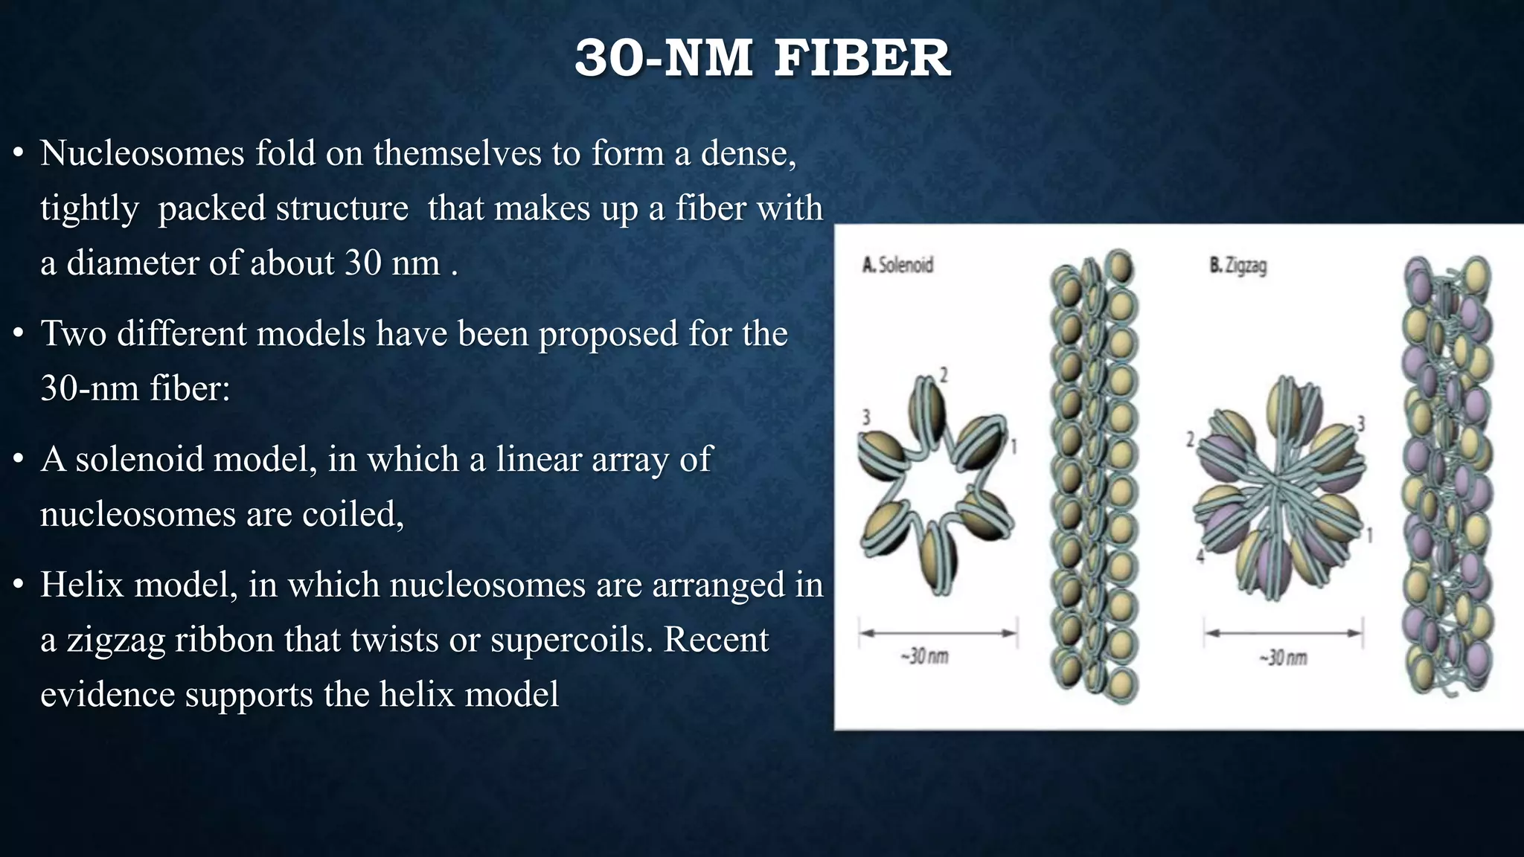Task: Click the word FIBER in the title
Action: [x=862, y=58]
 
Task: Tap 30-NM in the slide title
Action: [x=663, y=58]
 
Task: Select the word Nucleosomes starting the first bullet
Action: [x=142, y=153]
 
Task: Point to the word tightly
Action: [x=89, y=208]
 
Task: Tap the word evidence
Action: [x=107, y=695]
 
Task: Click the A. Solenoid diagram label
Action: [x=897, y=265]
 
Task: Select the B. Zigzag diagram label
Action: [x=1238, y=265]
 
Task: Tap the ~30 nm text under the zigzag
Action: [x=1283, y=658]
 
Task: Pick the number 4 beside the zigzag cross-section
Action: [x=1200, y=555]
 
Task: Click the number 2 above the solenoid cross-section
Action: [x=944, y=375]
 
